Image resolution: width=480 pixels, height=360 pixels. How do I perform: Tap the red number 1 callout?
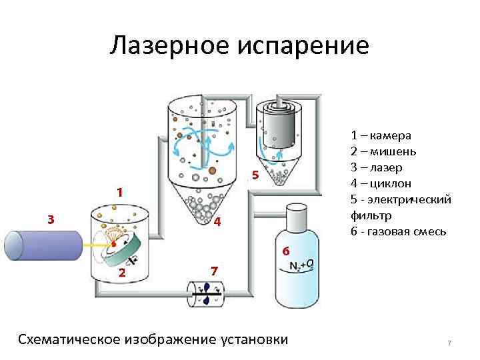point(119,192)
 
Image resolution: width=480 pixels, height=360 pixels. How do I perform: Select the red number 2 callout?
point(121,273)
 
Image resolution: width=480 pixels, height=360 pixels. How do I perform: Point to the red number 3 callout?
point(51,218)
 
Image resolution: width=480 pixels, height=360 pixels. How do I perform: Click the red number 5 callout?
point(254,176)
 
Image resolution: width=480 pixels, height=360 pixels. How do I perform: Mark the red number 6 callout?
point(285,251)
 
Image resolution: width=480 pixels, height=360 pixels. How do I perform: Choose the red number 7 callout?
point(213,271)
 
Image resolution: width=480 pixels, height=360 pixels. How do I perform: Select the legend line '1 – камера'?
point(381,136)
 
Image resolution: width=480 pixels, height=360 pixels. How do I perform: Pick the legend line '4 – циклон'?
point(381,183)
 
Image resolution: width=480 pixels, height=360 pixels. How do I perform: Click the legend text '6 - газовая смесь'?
point(399,231)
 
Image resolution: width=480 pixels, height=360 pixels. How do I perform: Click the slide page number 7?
point(449,343)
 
